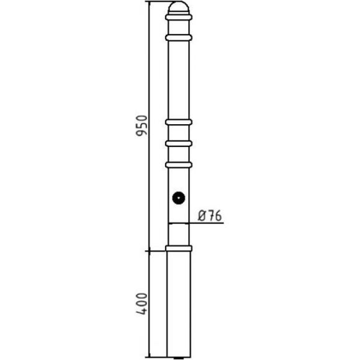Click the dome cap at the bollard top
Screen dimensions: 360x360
[179, 7]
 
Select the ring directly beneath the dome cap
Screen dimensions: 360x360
[179, 17]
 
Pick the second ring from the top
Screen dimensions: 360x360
[179, 38]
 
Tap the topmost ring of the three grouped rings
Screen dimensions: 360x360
[179, 122]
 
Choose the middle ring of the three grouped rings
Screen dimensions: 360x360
[179, 143]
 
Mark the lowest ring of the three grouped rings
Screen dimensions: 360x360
[179, 165]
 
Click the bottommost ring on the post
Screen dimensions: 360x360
[179, 248]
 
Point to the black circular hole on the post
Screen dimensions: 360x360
[179, 198]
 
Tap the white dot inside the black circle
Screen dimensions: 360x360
[179, 198]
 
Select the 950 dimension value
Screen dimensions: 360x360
[142, 126]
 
